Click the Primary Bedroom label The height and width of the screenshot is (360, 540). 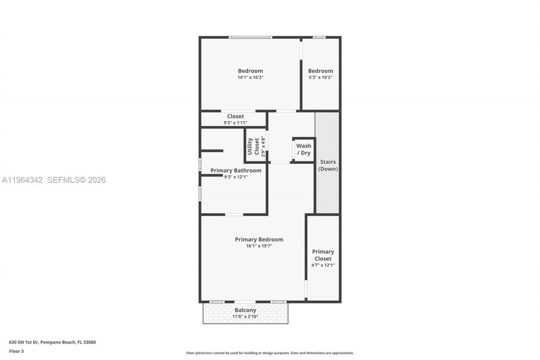tap(259, 239)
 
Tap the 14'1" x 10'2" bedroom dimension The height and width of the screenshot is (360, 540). tap(250, 78)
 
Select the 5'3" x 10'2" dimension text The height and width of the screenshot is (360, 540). tap(320, 78)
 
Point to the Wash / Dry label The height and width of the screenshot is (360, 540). tap(304, 149)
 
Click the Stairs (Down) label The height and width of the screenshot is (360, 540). tap(328, 165)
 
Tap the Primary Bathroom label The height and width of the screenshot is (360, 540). tap(236, 171)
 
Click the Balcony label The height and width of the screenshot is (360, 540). tap(246, 310)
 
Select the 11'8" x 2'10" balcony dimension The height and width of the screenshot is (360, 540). tap(246, 317)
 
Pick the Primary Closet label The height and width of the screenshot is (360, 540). tap(323, 255)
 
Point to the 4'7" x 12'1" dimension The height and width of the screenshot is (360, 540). tap(323, 265)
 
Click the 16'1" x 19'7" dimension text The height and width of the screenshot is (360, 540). tap(259, 246)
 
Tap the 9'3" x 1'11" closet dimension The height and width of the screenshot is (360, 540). tap(235, 123)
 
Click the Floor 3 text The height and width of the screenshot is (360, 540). tap(16, 351)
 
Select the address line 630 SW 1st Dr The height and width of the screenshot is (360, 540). tap(52, 342)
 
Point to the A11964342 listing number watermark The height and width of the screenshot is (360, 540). tap(22, 180)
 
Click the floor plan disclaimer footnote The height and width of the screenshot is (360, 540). tap(270, 353)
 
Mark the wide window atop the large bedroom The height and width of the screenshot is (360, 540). tap(250, 38)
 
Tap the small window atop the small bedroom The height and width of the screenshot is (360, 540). tap(319, 38)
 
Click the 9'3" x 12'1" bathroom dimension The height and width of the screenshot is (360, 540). tap(235, 177)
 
